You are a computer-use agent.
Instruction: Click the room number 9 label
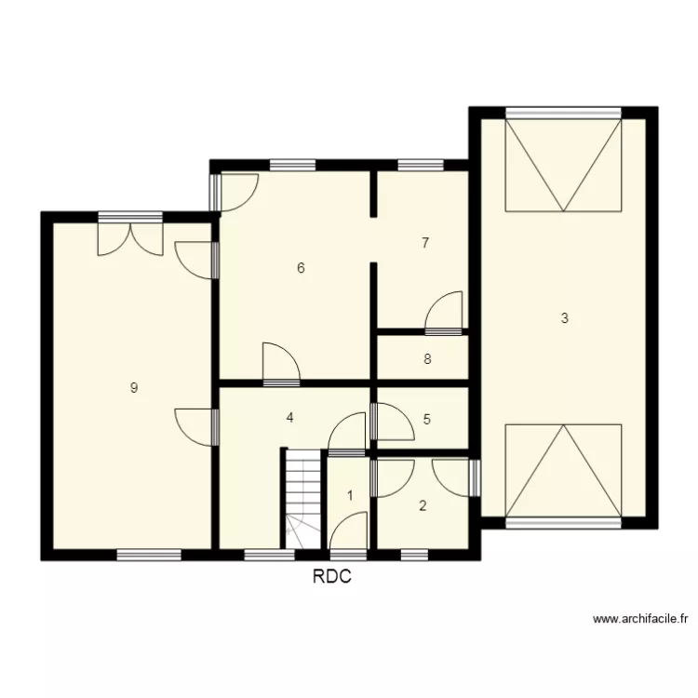pyautogui.click(x=134, y=388)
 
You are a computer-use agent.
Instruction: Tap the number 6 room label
pyautogui.click(x=301, y=268)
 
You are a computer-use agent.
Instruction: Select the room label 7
pyautogui.click(x=425, y=243)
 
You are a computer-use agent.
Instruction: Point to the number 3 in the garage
pyautogui.click(x=564, y=318)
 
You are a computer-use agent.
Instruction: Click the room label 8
pyautogui.click(x=427, y=358)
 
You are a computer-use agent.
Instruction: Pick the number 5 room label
pyautogui.click(x=427, y=419)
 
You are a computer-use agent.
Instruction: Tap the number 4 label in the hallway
pyautogui.click(x=290, y=418)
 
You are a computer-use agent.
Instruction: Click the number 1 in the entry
pyautogui.click(x=350, y=495)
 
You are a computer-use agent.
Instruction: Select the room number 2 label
pyautogui.click(x=423, y=506)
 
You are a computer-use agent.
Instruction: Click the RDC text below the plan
pyautogui.click(x=332, y=577)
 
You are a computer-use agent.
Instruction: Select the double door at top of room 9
pyautogui.click(x=131, y=234)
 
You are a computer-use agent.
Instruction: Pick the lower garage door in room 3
pyautogui.click(x=563, y=470)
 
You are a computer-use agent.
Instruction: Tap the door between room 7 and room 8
pyautogui.click(x=445, y=314)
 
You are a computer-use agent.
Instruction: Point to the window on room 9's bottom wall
pyautogui.click(x=149, y=555)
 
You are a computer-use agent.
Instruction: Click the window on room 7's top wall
pyautogui.click(x=420, y=166)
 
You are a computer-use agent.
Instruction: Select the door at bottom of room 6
pyautogui.click(x=280, y=365)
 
